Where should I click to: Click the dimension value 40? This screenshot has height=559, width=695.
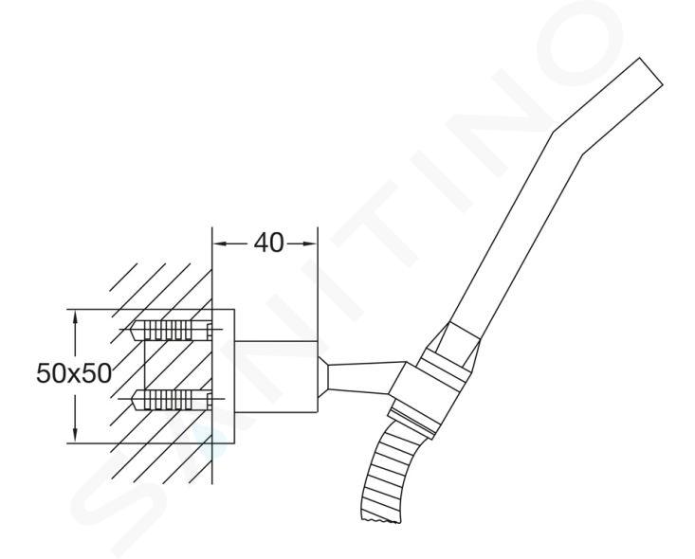point(268,243)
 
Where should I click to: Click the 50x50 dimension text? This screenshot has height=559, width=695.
point(74,373)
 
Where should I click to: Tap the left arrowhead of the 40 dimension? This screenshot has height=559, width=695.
point(220,243)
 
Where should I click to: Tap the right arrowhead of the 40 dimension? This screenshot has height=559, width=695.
point(310,243)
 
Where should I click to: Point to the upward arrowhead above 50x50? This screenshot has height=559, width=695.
point(76,317)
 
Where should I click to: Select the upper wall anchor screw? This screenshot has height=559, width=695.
point(172,330)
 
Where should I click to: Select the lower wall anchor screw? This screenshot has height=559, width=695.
point(172,400)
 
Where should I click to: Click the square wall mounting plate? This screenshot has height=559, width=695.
point(224,375)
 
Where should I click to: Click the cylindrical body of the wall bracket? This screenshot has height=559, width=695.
point(276,377)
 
